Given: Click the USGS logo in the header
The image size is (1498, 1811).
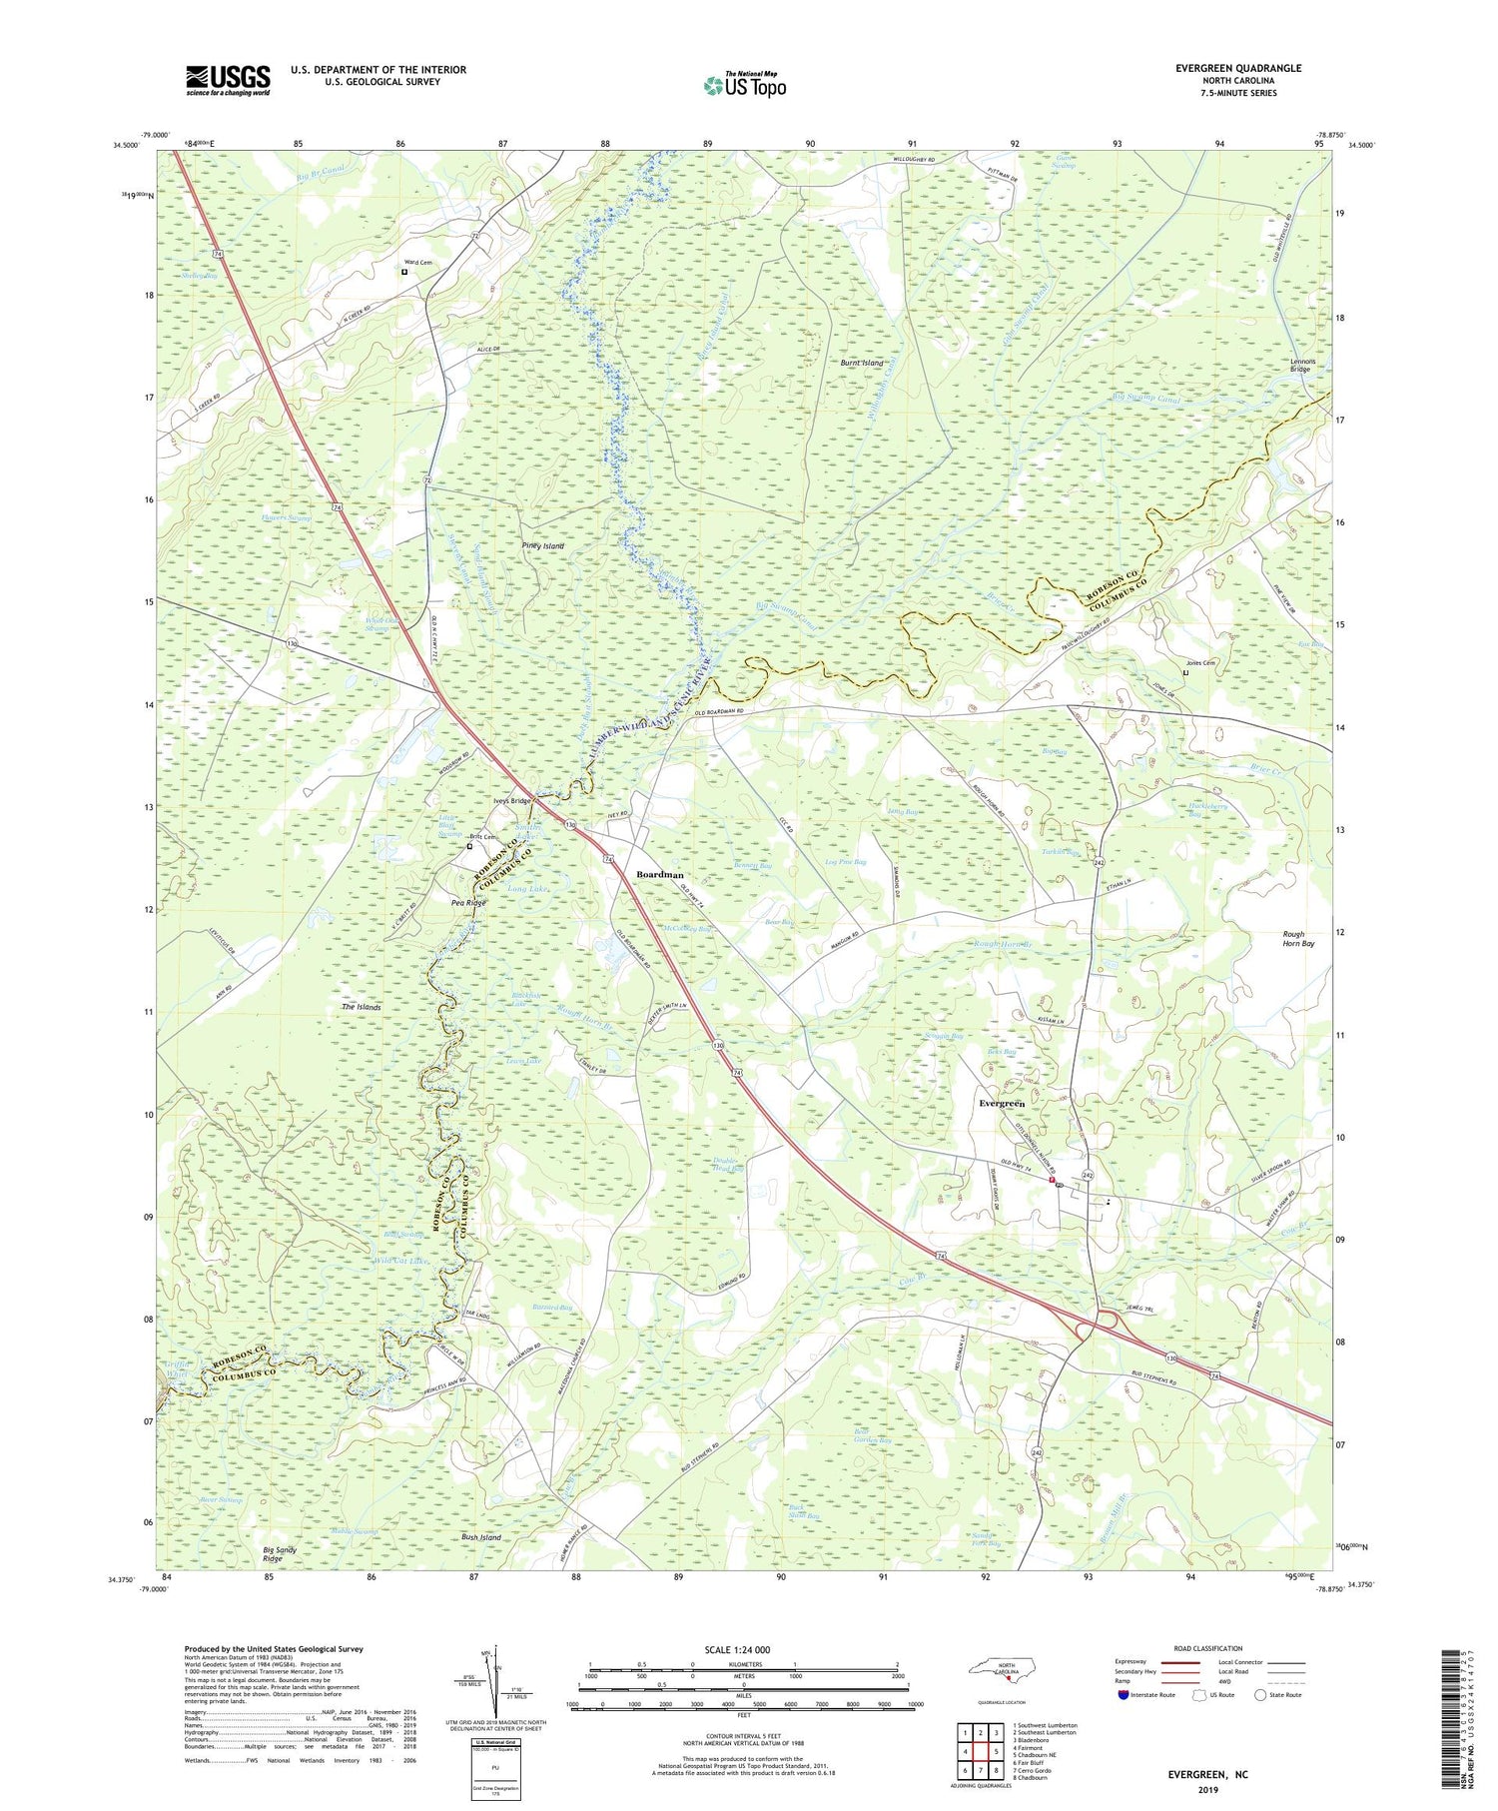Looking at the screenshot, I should (228, 79).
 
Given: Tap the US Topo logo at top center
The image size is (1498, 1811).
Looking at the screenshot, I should (744, 86).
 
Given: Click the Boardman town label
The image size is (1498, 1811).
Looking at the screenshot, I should (660, 874).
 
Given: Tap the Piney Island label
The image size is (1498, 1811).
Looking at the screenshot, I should (543, 546).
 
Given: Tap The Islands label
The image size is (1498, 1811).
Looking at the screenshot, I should (362, 1007).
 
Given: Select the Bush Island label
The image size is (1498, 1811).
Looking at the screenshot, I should (481, 1537).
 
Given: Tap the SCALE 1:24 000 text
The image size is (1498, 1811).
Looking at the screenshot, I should (743, 1649).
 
